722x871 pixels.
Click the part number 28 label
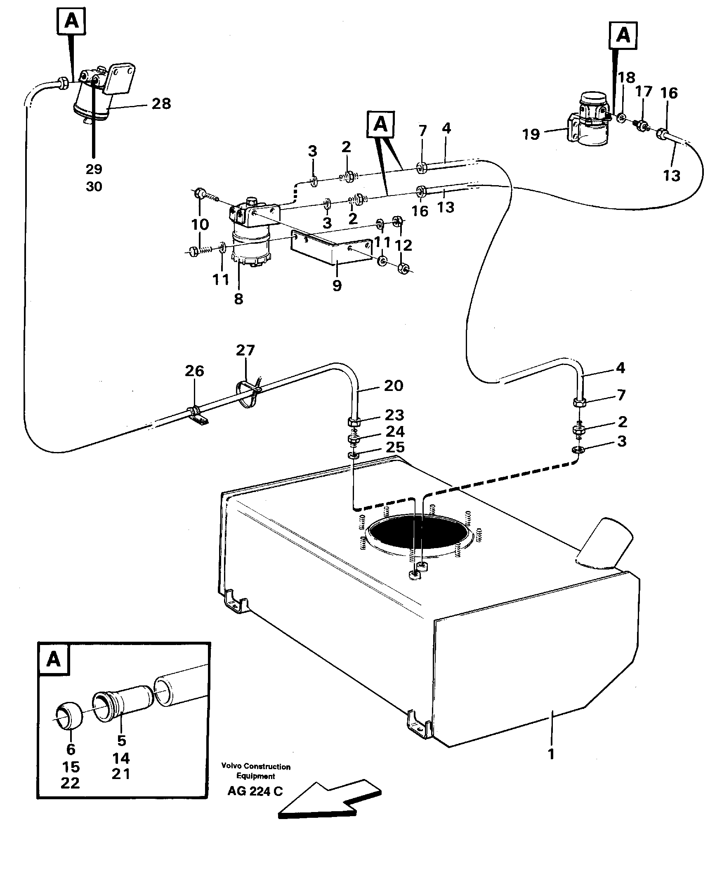click(161, 104)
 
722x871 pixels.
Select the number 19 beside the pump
click(531, 134)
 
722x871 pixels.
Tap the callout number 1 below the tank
click(551, 754)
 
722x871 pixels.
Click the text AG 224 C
click(255, 791)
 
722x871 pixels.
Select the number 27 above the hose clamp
click(245, 351)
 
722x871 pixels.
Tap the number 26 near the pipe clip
click(194, 371)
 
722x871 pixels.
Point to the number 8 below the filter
click(238, 299)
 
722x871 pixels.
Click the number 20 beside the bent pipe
click(393, 386)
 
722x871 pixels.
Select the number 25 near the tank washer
click(394, 447)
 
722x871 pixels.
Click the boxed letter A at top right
click(623, 36)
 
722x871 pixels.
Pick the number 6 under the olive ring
click(71, 749)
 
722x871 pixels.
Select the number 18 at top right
click(627, 78)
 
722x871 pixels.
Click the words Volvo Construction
click(256, 767)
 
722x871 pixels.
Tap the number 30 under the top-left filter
click(94, 187)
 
